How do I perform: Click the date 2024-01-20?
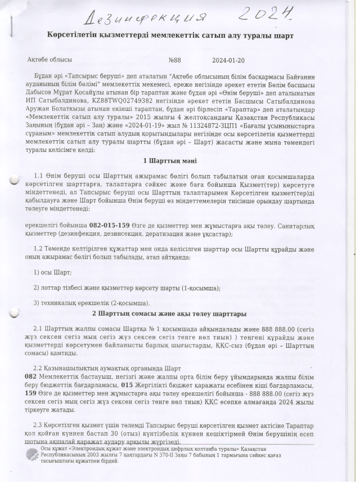[x=228, y=59]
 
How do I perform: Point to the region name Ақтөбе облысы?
[x=49, y=59]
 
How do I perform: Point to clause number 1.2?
[x=38, y=248]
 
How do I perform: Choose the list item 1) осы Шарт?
[x=52, y=272]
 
